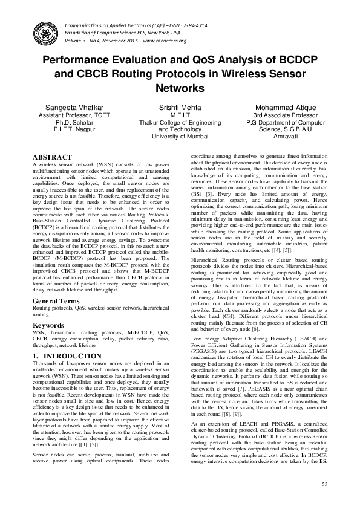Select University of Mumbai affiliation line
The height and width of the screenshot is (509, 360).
(x=180, y=137)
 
